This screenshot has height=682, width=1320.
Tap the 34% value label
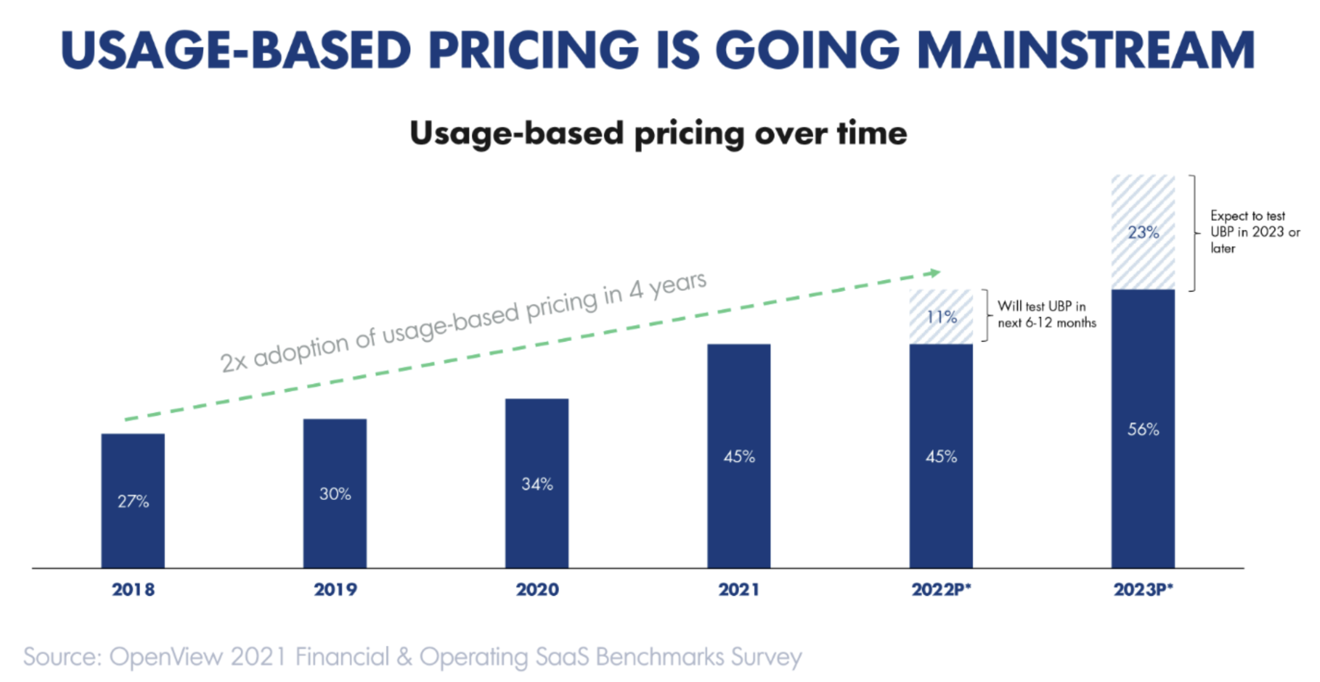537,484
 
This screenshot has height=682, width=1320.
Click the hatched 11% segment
941,317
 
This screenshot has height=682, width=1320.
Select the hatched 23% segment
1143,232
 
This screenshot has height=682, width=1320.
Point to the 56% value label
1143,429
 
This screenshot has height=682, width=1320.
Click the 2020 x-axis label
537,589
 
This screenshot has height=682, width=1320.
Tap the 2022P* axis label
941,589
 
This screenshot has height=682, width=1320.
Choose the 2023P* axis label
1143,589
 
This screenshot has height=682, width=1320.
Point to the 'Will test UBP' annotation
1046,314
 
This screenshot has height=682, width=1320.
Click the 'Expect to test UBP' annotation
1254,232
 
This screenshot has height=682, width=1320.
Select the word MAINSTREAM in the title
1086,50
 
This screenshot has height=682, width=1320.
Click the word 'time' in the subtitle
872,133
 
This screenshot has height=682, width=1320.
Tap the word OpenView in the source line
166,657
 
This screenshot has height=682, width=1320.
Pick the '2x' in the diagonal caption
233,362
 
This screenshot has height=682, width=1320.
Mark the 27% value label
133,501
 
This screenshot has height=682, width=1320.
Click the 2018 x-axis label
133,589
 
